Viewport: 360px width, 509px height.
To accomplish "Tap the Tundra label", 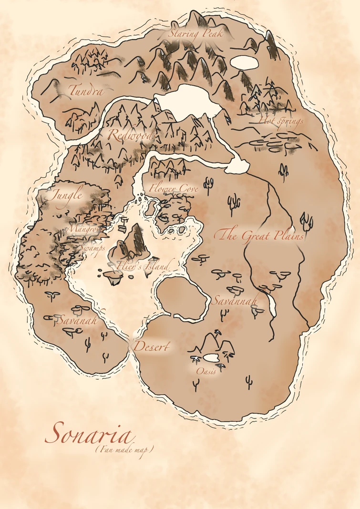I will (86, 90).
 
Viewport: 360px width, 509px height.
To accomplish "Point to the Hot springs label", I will (281, 121).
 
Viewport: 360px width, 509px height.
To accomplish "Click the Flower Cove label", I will (173, 189).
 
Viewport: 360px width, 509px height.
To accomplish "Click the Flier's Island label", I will (144, 265).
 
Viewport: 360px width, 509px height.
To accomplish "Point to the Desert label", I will (151, 346).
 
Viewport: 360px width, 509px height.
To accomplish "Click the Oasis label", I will (206, 371).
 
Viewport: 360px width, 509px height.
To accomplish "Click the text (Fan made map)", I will (124, 449).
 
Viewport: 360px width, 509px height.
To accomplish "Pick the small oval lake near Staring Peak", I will (244, 62).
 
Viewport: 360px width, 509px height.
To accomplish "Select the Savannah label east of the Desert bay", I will (235, 301).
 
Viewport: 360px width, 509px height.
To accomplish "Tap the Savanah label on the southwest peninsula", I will (76, 320).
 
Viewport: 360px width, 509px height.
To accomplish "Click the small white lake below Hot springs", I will (237, 166).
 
